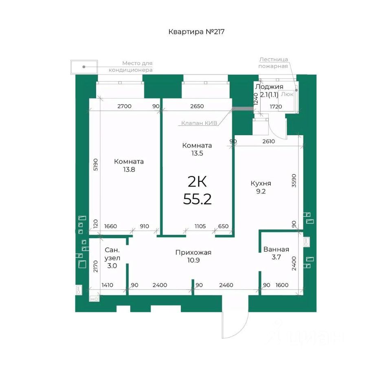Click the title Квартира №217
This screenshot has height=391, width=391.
click(x=196, y=32)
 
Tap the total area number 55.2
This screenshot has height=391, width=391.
click(x=197, y=199)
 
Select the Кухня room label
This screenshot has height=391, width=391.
click(x=261, y=184)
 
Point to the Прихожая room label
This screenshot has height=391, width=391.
click(x=193, y=253)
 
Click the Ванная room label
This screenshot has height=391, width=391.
click(x=276, y=249)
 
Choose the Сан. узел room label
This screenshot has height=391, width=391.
click(x=112, y=254)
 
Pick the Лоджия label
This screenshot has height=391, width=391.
click(x=269, y=87)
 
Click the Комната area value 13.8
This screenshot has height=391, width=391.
click(x=129, y=169)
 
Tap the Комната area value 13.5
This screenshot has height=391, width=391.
click(x=197, y=154)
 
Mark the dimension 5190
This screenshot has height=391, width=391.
click(x=95, y=165)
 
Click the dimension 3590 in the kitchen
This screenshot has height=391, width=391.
click(x=294, y=180)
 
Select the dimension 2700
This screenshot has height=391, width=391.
click(x=125, y=106)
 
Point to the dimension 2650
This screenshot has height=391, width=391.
click(x=197, y=106)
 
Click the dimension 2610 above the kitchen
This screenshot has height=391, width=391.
click(x=268, y=141)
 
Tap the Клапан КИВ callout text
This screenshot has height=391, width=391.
click(x=199, y=123)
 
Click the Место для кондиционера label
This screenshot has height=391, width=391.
click(x=131, y=66)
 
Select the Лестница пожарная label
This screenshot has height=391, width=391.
click(x=273, y=63)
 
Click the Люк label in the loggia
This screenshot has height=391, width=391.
click(x=287, y=94)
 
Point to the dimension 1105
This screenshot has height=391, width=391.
click(x=200, y=226)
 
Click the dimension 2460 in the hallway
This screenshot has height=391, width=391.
click(x=226, y=285)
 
